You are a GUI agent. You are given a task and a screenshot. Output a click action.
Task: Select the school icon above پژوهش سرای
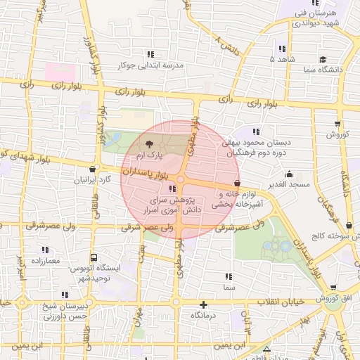pyautogui.click(x=173, y=188)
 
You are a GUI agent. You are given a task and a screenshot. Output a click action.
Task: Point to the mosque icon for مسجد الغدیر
pyautogui.click(x=289, y=174)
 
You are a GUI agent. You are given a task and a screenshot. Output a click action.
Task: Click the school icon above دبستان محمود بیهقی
pyautogui.click(x=257, y=131)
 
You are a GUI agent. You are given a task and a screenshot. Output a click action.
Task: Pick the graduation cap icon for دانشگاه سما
pyautogui.click(x=322, y=60)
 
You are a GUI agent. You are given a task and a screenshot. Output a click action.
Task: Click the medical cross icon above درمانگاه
pyautogui.click(x=204, y=304)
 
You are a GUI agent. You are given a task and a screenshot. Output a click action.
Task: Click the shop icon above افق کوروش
pyautogui.click(x=333, y=288)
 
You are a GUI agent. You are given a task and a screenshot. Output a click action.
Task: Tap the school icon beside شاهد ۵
pyautogui.click(x=282, y=49)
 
